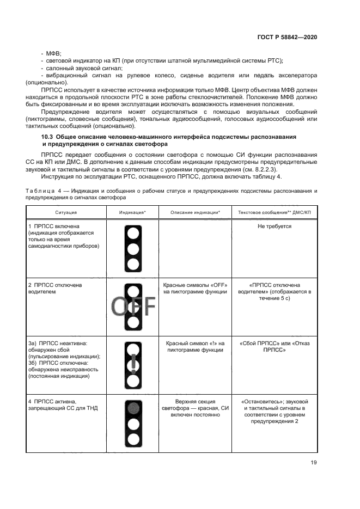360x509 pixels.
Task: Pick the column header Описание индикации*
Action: (x=195, y=211)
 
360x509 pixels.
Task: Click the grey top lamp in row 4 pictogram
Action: (x=132, y=407)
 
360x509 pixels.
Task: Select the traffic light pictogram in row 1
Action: (x=132, y=248)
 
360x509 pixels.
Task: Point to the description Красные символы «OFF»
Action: (x=195, y=288)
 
